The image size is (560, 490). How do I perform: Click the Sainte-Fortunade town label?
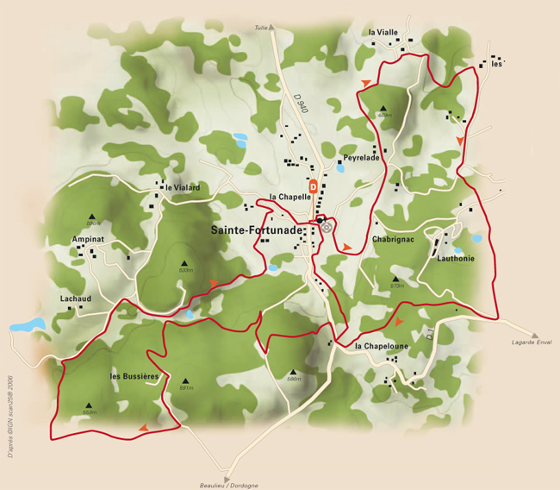(257, 230)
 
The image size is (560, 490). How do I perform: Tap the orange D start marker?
(314, 185)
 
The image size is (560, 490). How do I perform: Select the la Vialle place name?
(383, 32)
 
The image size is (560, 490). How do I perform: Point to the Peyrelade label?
(361, 158)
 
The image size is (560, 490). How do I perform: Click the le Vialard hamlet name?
(183, 187)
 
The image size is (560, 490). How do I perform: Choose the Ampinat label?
(89, 238)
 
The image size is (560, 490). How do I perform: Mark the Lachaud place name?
(76, 298)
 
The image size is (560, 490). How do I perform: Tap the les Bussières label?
(135, 376)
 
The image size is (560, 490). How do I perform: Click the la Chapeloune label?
(382, 347)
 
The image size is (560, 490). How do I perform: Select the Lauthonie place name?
(456, 258)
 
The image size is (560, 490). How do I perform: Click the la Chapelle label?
(289, 197)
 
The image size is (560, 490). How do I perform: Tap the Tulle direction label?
(261, 28)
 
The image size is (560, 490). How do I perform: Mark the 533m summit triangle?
(184, 262)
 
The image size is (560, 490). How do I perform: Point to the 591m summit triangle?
(184, 380)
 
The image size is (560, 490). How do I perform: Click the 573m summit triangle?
(396, 278)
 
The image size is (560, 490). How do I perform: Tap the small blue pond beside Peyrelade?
(340, 167)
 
